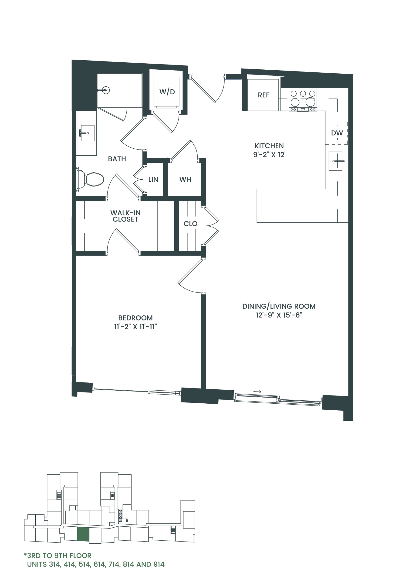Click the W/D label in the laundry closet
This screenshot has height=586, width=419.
pyautogui.click(x=167, y=92)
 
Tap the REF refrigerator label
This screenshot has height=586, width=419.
pyautogui.click(x=264, y=95)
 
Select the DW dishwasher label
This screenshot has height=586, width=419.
pyautogui.click(x=337, y=133)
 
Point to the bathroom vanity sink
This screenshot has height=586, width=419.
pyautogui.click(x=88, y=133)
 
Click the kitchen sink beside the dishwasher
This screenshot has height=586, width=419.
pyautogui.click(x=336, y=161)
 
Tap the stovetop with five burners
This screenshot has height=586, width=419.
pyautogui.click(x=303, y=100)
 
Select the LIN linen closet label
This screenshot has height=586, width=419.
pyautogui.click(x=153, y=179)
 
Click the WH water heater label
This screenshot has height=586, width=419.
pyautogui.click(x=185, y=179)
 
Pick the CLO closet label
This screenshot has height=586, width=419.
pyautogui.click(x=190, y=224)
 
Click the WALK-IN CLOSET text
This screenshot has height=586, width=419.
pyautogui.click(x=125, y=216)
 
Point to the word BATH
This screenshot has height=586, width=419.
pyautogui.click(x=117, y=159)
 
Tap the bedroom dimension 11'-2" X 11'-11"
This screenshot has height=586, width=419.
pyautogui.click(x=135, y=327)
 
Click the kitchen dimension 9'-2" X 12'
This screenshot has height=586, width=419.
pyautogui.click(x=269, y=155)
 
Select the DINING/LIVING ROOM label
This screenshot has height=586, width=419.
pyautogui.click(x=279, y=306)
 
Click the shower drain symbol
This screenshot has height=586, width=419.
pyautogui.click(x=105, y=90)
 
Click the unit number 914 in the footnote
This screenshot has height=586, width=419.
pyautogui.click(x=159, y=565)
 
